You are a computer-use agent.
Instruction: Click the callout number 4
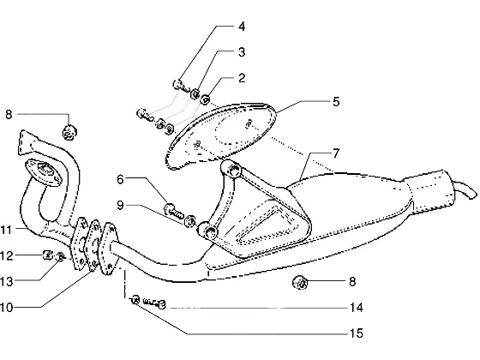242,27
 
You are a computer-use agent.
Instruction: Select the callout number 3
242,52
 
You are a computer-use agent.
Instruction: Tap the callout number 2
242,78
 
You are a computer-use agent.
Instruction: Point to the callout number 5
336,102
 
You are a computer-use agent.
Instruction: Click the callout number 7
336,153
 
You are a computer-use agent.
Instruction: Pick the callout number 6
120,179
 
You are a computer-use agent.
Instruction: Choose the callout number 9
120,205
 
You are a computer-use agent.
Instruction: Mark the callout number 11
6,230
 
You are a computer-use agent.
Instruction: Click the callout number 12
7,255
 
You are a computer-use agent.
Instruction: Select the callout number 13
7,281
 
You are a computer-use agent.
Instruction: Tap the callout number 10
7,307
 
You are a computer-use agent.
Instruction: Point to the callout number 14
357,307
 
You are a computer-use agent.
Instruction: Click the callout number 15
357,333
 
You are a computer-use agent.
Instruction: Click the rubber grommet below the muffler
300,282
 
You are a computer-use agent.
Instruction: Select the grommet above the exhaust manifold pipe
69,133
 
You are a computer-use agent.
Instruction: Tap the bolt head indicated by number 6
170,209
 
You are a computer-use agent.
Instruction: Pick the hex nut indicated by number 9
190,220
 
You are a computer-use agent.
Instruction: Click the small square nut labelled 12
47,255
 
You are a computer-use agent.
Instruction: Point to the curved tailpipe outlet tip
465,189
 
